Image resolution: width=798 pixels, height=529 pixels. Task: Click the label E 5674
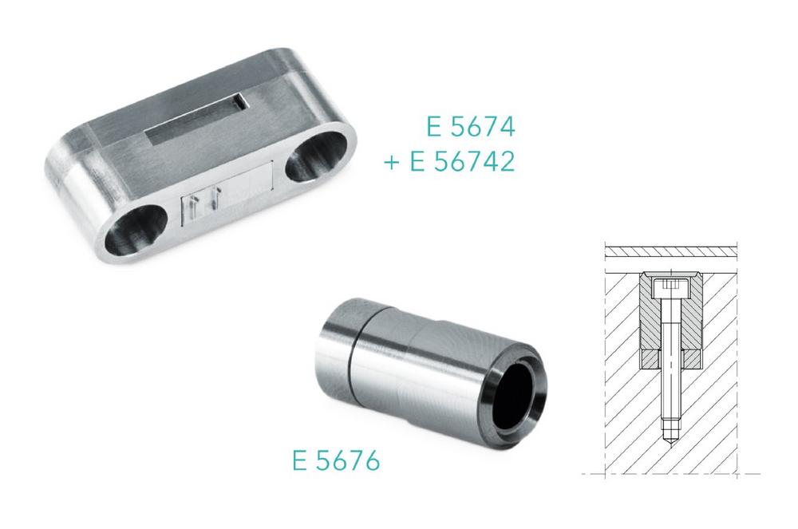471,127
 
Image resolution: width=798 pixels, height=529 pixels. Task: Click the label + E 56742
449,162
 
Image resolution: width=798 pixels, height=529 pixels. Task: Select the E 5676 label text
337,461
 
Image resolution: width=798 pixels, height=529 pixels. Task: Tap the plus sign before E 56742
391,164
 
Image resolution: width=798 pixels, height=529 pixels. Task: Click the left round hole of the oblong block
136,230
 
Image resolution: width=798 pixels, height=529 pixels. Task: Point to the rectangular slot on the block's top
197,119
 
